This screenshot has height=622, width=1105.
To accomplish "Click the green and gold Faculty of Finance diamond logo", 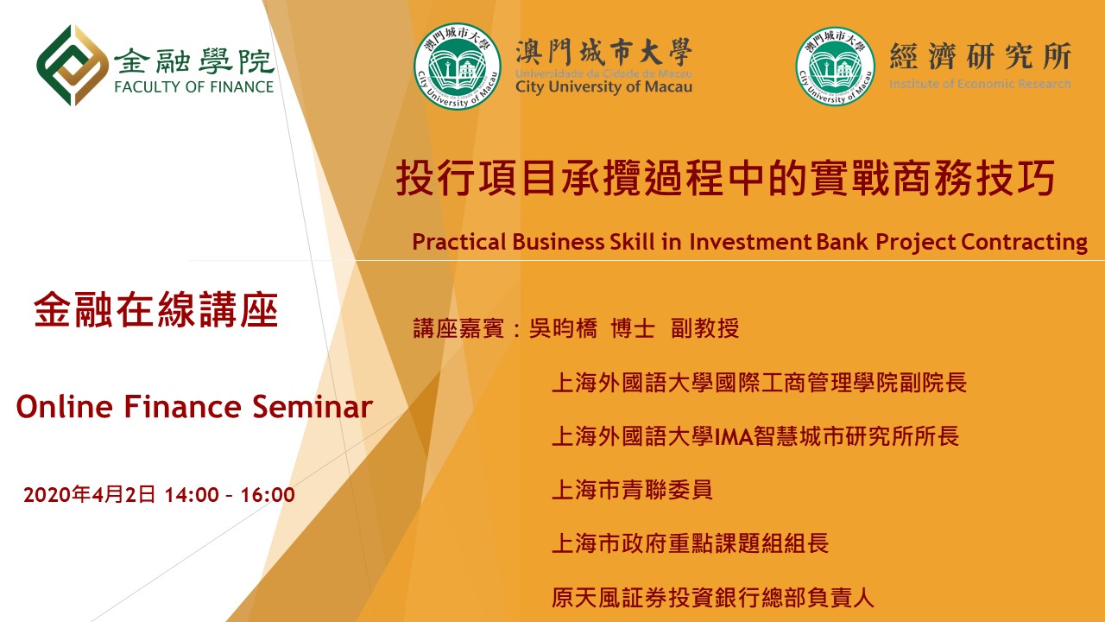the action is click(x=73, y=65).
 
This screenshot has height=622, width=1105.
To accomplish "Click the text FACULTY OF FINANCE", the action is click(x=194, y=87).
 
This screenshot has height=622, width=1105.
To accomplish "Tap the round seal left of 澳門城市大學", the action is click(x=458, y=67).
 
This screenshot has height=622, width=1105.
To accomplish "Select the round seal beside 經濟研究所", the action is click(x=835, y=67).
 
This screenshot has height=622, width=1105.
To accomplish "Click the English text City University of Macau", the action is click(x=603, y=87).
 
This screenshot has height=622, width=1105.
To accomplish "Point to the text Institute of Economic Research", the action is click(x=980, y=84).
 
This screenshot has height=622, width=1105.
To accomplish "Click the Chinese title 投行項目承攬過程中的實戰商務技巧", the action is click(x=725, y=178).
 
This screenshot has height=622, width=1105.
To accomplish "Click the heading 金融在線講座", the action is click(x=156, y=309).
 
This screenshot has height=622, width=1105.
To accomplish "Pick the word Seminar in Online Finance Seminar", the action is click(x=313, y=407).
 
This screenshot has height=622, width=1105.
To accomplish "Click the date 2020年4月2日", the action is click(x=89, y=494).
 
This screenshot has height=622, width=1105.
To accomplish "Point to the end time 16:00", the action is click(x=268, y=495).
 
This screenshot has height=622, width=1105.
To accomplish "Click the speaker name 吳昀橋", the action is click(x=563, y=328).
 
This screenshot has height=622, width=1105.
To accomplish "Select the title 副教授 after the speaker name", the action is click(x=705, y=328).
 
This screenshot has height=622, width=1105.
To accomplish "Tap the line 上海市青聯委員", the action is click(x=632, y=490).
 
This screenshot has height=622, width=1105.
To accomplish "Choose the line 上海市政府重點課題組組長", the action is click(x=690, y=543).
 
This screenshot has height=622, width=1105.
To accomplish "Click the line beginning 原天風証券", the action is click(x=713, y=598).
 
